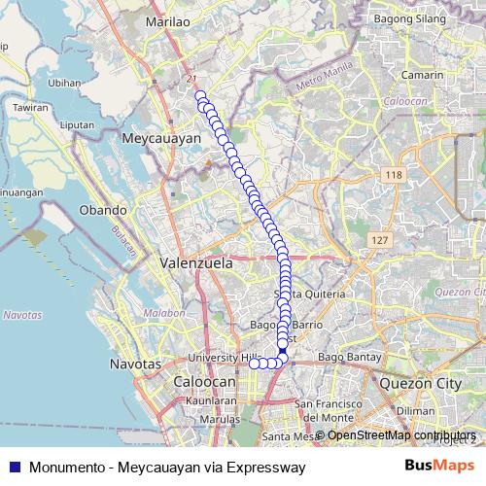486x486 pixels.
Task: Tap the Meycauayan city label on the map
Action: pyautogui.click(x=162, y=139)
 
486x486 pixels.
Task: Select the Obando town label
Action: pyautogui.click(x=103, y=210)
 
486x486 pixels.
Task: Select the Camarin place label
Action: pyautogui.click(x=423, y=74)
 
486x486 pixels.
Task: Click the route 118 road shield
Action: pyautogui.click(x=393, y=175)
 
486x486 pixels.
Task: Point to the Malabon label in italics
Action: pyautogui.click(x=165, y=314)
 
